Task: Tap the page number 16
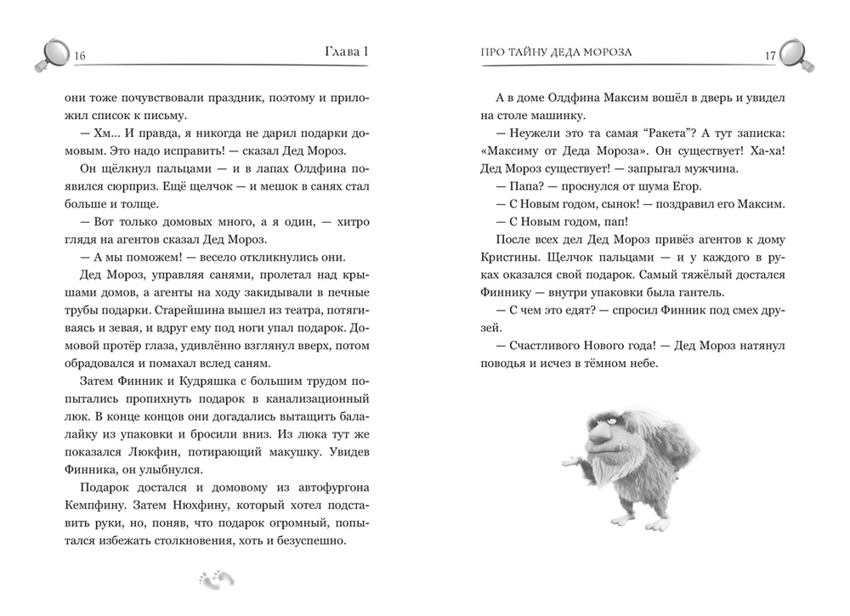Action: click(82, 56)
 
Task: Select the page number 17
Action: click(770, 56)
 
